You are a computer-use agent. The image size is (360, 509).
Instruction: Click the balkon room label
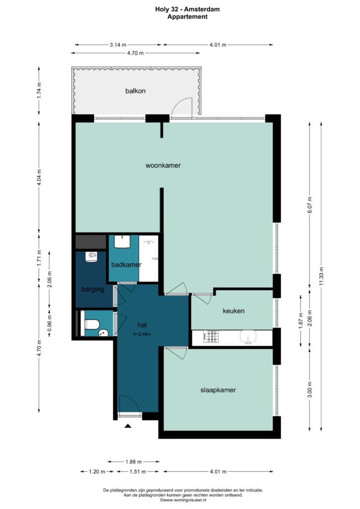pos(135,91)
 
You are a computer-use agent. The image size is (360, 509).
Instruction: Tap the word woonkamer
pos(163,166)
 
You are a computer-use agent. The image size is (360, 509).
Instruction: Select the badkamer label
pos(126,264)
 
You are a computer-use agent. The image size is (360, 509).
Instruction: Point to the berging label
pos(92,289)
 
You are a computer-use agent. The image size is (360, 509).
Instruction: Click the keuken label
pos(233,311)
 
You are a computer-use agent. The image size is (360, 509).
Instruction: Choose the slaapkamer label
pos(218,390)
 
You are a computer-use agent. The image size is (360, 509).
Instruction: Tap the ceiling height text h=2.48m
pos(142,334)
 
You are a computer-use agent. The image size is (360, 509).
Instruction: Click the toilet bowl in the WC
pos(92,324)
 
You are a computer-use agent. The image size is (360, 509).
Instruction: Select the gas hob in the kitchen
pos(211,337)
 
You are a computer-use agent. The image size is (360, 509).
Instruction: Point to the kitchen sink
pos(248,337)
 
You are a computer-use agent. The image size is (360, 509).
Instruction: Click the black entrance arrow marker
pos(128,426)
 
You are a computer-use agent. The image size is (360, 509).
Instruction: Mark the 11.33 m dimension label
pos(321,276)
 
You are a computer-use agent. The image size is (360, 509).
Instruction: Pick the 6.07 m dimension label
pos(310,205)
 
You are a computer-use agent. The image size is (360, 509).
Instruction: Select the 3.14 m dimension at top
pos(118,45)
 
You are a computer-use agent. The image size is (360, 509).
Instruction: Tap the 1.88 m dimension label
pos(133,462)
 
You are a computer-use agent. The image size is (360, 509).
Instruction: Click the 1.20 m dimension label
pos(97,471)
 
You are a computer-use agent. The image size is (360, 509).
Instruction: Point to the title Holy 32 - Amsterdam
pos(187,9)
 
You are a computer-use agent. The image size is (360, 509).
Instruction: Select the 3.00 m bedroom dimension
pos(310,390)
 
